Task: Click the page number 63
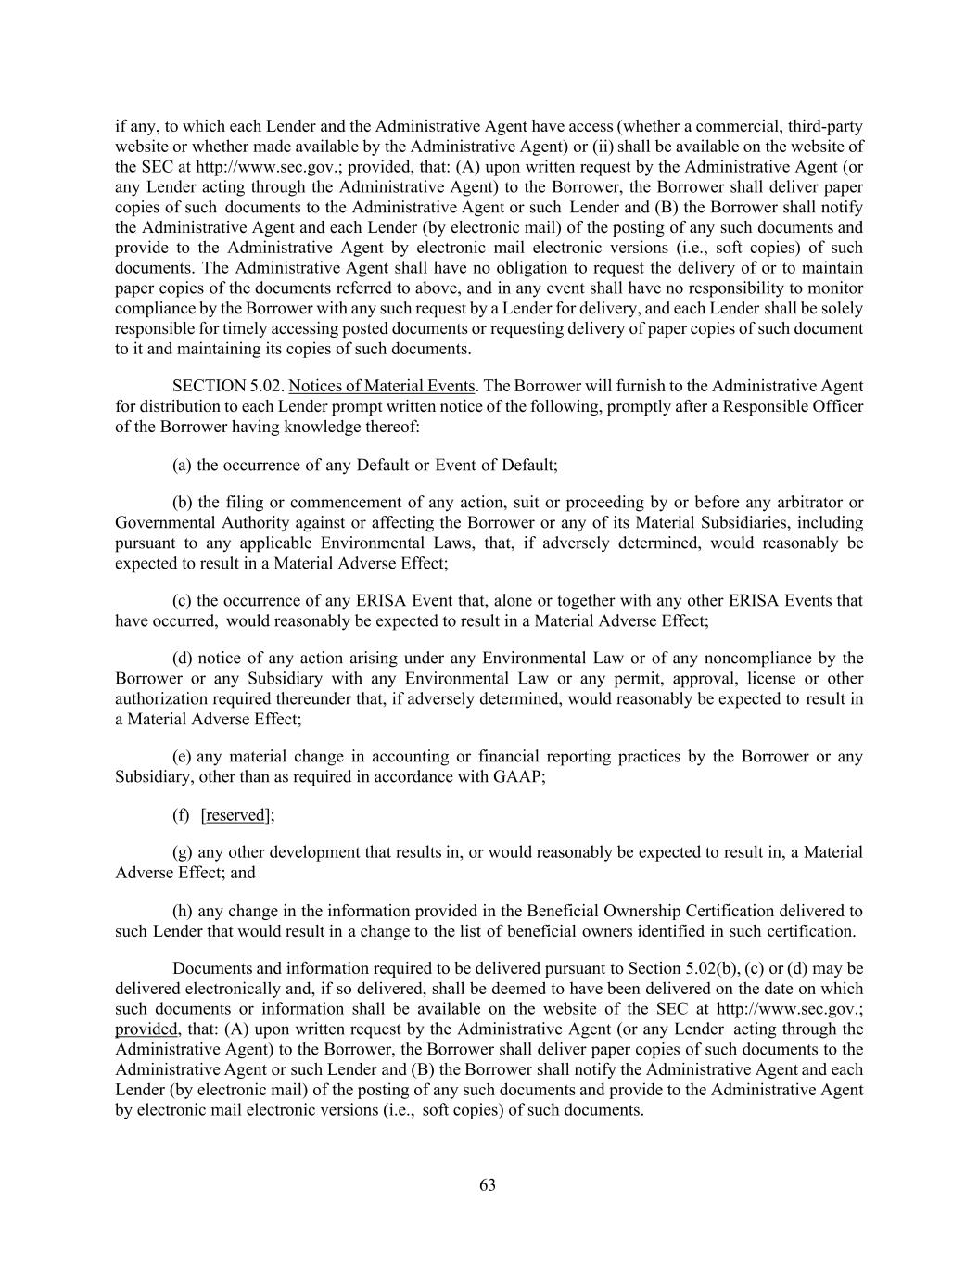(488, 1185)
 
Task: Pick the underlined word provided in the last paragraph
(146, 1029)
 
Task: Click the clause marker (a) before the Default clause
(183, 465)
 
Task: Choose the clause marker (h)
(183, 911)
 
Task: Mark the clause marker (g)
(183, 852)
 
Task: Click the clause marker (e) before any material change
(183, 757)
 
